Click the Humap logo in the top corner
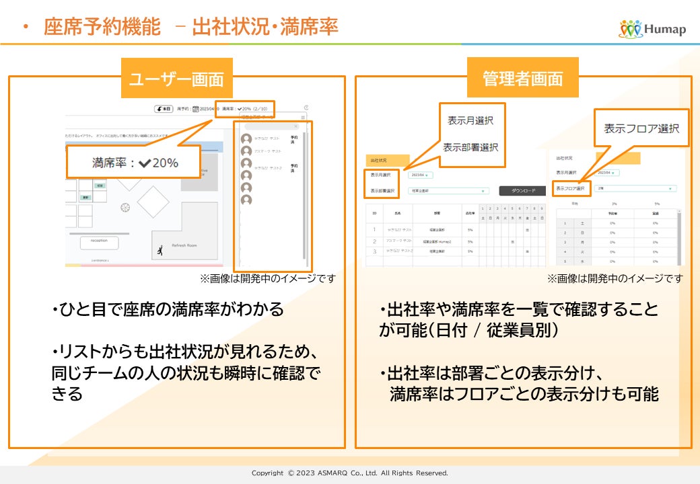652,28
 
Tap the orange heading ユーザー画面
176,78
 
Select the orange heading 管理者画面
522,78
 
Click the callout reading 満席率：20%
135,163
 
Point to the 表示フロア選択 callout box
641,128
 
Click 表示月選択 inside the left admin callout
470,121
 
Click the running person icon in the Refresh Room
160,251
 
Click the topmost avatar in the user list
246,139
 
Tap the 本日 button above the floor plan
164,108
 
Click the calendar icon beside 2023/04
195,108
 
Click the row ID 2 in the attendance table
374,241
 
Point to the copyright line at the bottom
349,473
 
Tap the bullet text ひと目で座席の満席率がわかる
168,310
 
